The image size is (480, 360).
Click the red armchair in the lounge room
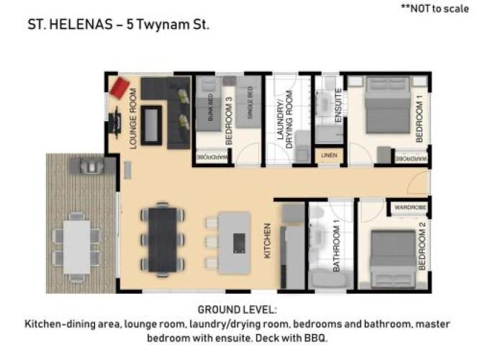pos(119,88)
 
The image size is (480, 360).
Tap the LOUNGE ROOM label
pos(133,119)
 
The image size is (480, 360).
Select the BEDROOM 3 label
pos(229,121)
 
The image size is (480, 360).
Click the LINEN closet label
pos(329,156)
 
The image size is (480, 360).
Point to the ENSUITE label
pos(338,105)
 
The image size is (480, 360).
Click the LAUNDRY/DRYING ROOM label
pos(285,120)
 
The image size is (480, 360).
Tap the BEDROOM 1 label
pos(419,118)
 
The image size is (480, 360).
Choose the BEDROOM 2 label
pos(422,247)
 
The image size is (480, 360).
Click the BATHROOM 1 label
pos(336,249)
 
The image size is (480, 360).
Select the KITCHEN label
pos(267,241)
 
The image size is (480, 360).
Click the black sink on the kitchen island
pos(239,243)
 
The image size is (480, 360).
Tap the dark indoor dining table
pos(163,240)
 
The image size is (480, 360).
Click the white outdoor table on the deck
pos(77,247)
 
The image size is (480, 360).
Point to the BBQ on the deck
pos(92,166)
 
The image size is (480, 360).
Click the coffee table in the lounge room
pos(151,125)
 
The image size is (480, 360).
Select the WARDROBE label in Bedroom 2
pos(410,207)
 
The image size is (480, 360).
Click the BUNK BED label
pos(211,107)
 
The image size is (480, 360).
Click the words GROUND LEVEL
pos(237,310)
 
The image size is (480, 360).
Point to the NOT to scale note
pos(435,9)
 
